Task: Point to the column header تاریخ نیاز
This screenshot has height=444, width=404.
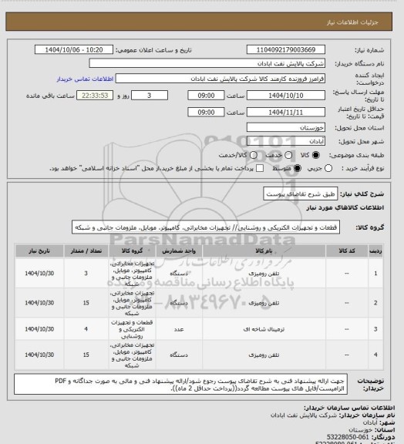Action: click(39, 251)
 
